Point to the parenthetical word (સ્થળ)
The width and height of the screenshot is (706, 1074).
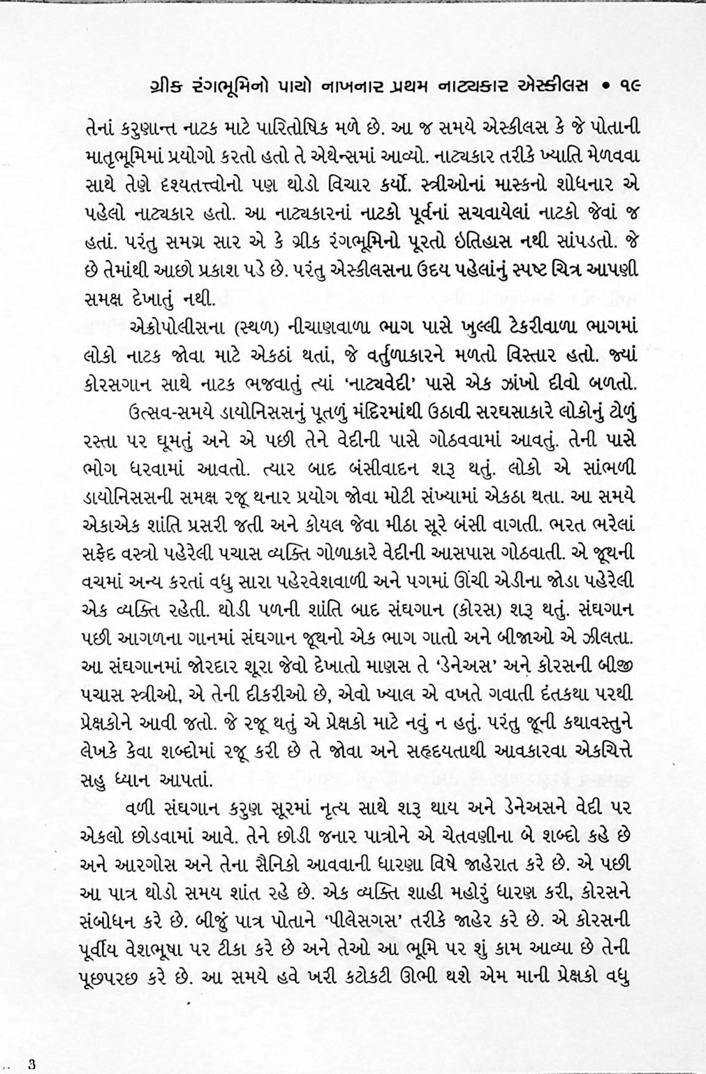click(258, 327)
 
